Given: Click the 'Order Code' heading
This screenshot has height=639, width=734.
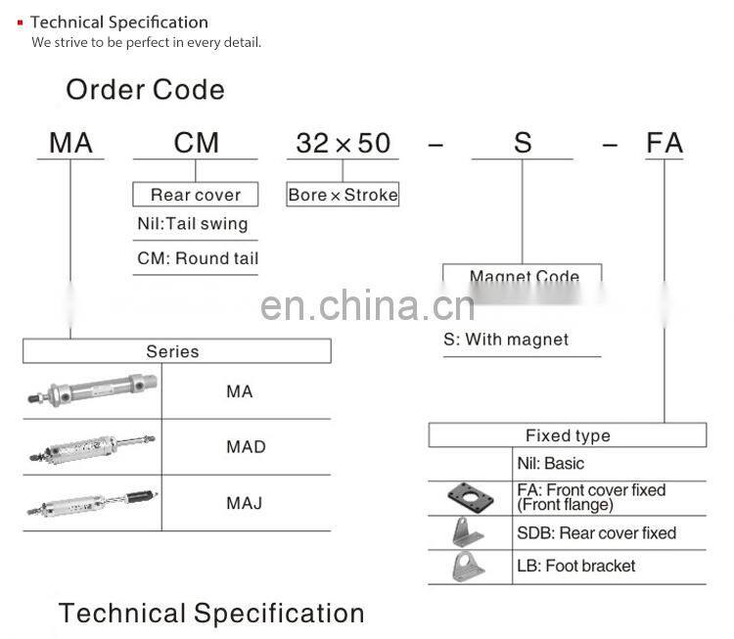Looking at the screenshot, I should pos(145,90).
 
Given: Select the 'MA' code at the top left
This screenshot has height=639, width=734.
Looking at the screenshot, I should pos(70,143).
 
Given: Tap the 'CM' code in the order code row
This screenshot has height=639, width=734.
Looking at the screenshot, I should pos(196,143).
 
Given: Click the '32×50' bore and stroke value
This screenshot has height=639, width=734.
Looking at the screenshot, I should pos(343,143).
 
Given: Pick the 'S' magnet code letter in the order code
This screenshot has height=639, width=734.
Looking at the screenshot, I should pos(523,143).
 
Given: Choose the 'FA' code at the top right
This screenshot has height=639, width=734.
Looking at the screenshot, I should pos(665,143).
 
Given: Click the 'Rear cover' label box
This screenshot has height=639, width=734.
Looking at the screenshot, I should pos(196,195).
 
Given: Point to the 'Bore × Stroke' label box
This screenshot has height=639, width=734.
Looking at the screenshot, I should pos(343,195).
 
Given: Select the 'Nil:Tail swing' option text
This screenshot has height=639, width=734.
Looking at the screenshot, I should pos(193,224).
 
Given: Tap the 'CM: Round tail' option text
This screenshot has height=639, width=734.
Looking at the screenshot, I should pos(198,258).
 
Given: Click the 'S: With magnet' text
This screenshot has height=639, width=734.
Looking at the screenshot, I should pos(506,340).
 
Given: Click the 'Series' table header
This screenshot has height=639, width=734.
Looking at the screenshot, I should pos(172,351).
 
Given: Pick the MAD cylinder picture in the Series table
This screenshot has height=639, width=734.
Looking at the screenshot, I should pos(91,447).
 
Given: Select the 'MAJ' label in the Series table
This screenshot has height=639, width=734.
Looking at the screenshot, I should pos(245,503).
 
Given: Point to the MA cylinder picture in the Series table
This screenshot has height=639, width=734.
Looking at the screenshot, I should pos(91,392).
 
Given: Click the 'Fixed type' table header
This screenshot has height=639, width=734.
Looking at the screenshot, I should pos(568,435).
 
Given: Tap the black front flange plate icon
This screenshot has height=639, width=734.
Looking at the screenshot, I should pos(471,497).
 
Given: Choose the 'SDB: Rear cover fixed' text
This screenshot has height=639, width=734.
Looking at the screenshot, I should pos(596,533).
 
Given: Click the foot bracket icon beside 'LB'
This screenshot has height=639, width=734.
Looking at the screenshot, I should pos(470,567).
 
